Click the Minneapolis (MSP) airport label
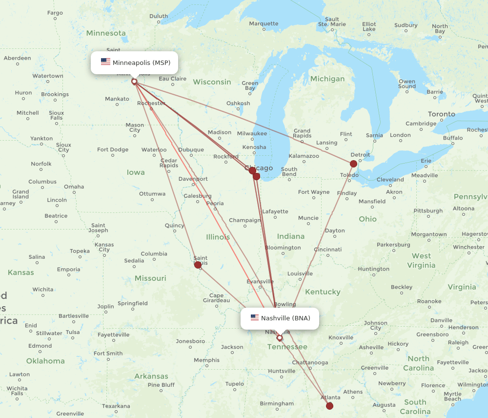141,63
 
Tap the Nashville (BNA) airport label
285,318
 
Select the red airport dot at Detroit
353,164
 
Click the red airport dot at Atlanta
329,406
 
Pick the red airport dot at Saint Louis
198,265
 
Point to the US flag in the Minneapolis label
105,62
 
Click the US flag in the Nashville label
254,317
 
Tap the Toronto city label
441,114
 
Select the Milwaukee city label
252,133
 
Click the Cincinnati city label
327,250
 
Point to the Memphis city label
206,360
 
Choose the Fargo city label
55,13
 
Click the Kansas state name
20,272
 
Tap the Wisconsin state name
212,82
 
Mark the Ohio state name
367,219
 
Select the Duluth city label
158,16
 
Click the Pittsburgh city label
428,211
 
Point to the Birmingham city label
277,404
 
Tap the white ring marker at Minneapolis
134,82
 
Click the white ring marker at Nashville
280,337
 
